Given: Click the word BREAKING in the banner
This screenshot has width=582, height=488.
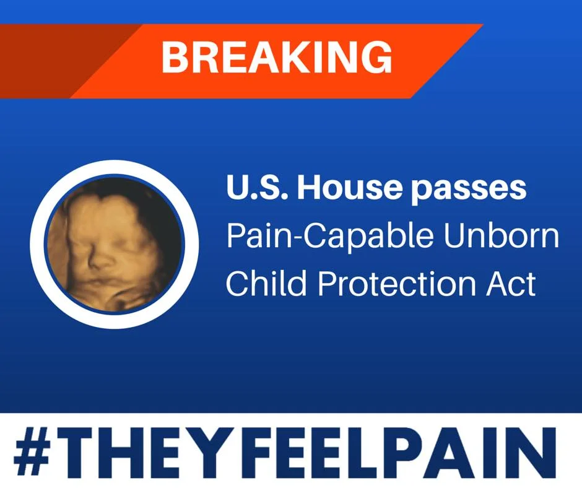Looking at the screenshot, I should click(x=277, y=58).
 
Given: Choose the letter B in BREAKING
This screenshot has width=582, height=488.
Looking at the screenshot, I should click(x=175, y=58).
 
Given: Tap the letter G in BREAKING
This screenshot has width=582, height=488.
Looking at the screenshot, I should click(x=376, y=58).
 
